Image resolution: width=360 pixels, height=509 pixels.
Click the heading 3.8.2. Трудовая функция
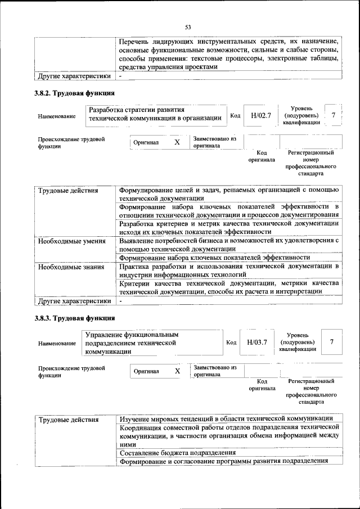coord(74,93)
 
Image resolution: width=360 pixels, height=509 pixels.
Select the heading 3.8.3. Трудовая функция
coord(74,319)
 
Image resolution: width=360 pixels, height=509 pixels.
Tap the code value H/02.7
coord(261,115)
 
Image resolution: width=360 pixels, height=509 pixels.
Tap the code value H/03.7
coord(256,341)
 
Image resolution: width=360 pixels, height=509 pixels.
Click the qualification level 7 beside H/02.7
coord(334,115)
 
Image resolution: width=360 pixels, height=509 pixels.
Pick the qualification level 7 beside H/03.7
coord(332,341)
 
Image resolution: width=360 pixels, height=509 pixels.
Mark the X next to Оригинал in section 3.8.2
coord(177,142)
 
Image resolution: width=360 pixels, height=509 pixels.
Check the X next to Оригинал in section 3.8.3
coord(177,371)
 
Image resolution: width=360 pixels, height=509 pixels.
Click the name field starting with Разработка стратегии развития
coord(155,114)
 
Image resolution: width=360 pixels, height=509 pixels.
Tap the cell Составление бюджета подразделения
coord(177,452)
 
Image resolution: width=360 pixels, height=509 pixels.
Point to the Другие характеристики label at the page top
coord(74,75)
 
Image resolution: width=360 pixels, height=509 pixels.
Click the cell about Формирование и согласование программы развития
coord(224,461)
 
